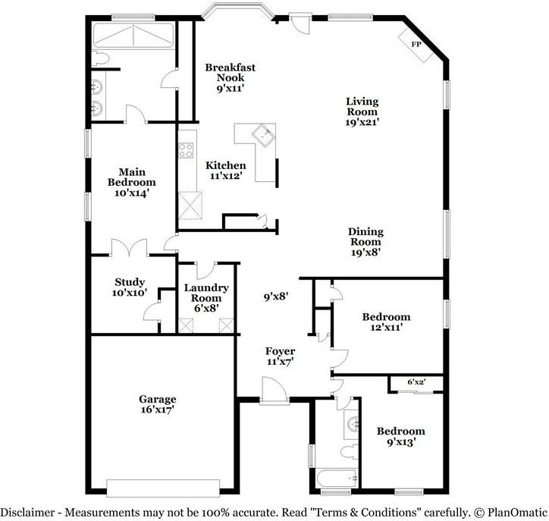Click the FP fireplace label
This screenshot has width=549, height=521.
pyautogui.click(x=416, y=45)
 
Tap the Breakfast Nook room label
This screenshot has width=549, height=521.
pyautogui.click(x=231, y=73)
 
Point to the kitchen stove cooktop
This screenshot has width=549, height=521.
pyautogui.click(x=187, y=150)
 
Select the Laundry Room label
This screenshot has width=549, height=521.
pyautogui.click(x=206, y=293)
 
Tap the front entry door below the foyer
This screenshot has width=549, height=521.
pyautogui.click(x=273, y=394)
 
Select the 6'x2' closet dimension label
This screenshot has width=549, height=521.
pyautogui.click(x=416, y=382)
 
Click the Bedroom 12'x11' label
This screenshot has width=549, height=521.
pyautogui.click(x=386, y=322)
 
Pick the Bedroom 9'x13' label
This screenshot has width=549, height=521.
pyautogui.click(x=401, y=435)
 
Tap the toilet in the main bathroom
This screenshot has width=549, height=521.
pyautogui.click(x=103, y=58)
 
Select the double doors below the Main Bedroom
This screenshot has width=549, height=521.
pyautogui.click(x=127, y=248)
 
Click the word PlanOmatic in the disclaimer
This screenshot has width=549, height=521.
pyautogui.click(x=518, y=511)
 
